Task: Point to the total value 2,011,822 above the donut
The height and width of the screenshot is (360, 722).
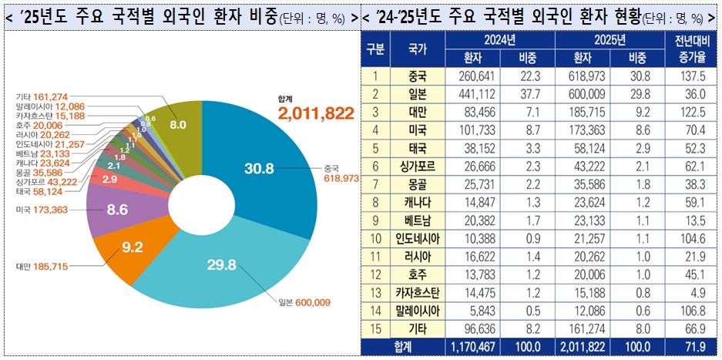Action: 316,113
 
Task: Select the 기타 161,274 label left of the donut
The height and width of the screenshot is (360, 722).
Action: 42,96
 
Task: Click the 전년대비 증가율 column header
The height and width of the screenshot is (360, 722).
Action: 691,49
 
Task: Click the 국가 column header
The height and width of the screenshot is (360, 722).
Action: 417,49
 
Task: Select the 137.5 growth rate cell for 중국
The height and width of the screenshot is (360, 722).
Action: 691,76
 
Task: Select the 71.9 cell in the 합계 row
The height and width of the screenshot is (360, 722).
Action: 691,347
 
